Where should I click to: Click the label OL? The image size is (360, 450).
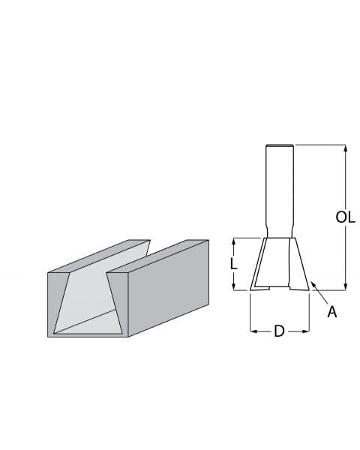coord(345,217)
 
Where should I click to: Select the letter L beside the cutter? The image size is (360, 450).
coord(234,264)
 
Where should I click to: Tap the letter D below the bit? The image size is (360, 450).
coord(279,331)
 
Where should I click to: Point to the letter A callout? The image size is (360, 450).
coord(331,312)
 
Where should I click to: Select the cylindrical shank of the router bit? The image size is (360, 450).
coord(279,187)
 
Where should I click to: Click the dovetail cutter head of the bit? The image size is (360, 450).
coord(279,262)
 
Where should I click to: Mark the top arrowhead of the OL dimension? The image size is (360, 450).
coord(345,148)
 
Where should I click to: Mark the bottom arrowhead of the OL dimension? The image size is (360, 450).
coord(345,285)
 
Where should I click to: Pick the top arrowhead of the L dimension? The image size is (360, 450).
coord(234,241)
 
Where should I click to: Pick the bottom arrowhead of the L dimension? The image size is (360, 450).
coord(234,286)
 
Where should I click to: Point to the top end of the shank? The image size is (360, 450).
coord(279,146)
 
